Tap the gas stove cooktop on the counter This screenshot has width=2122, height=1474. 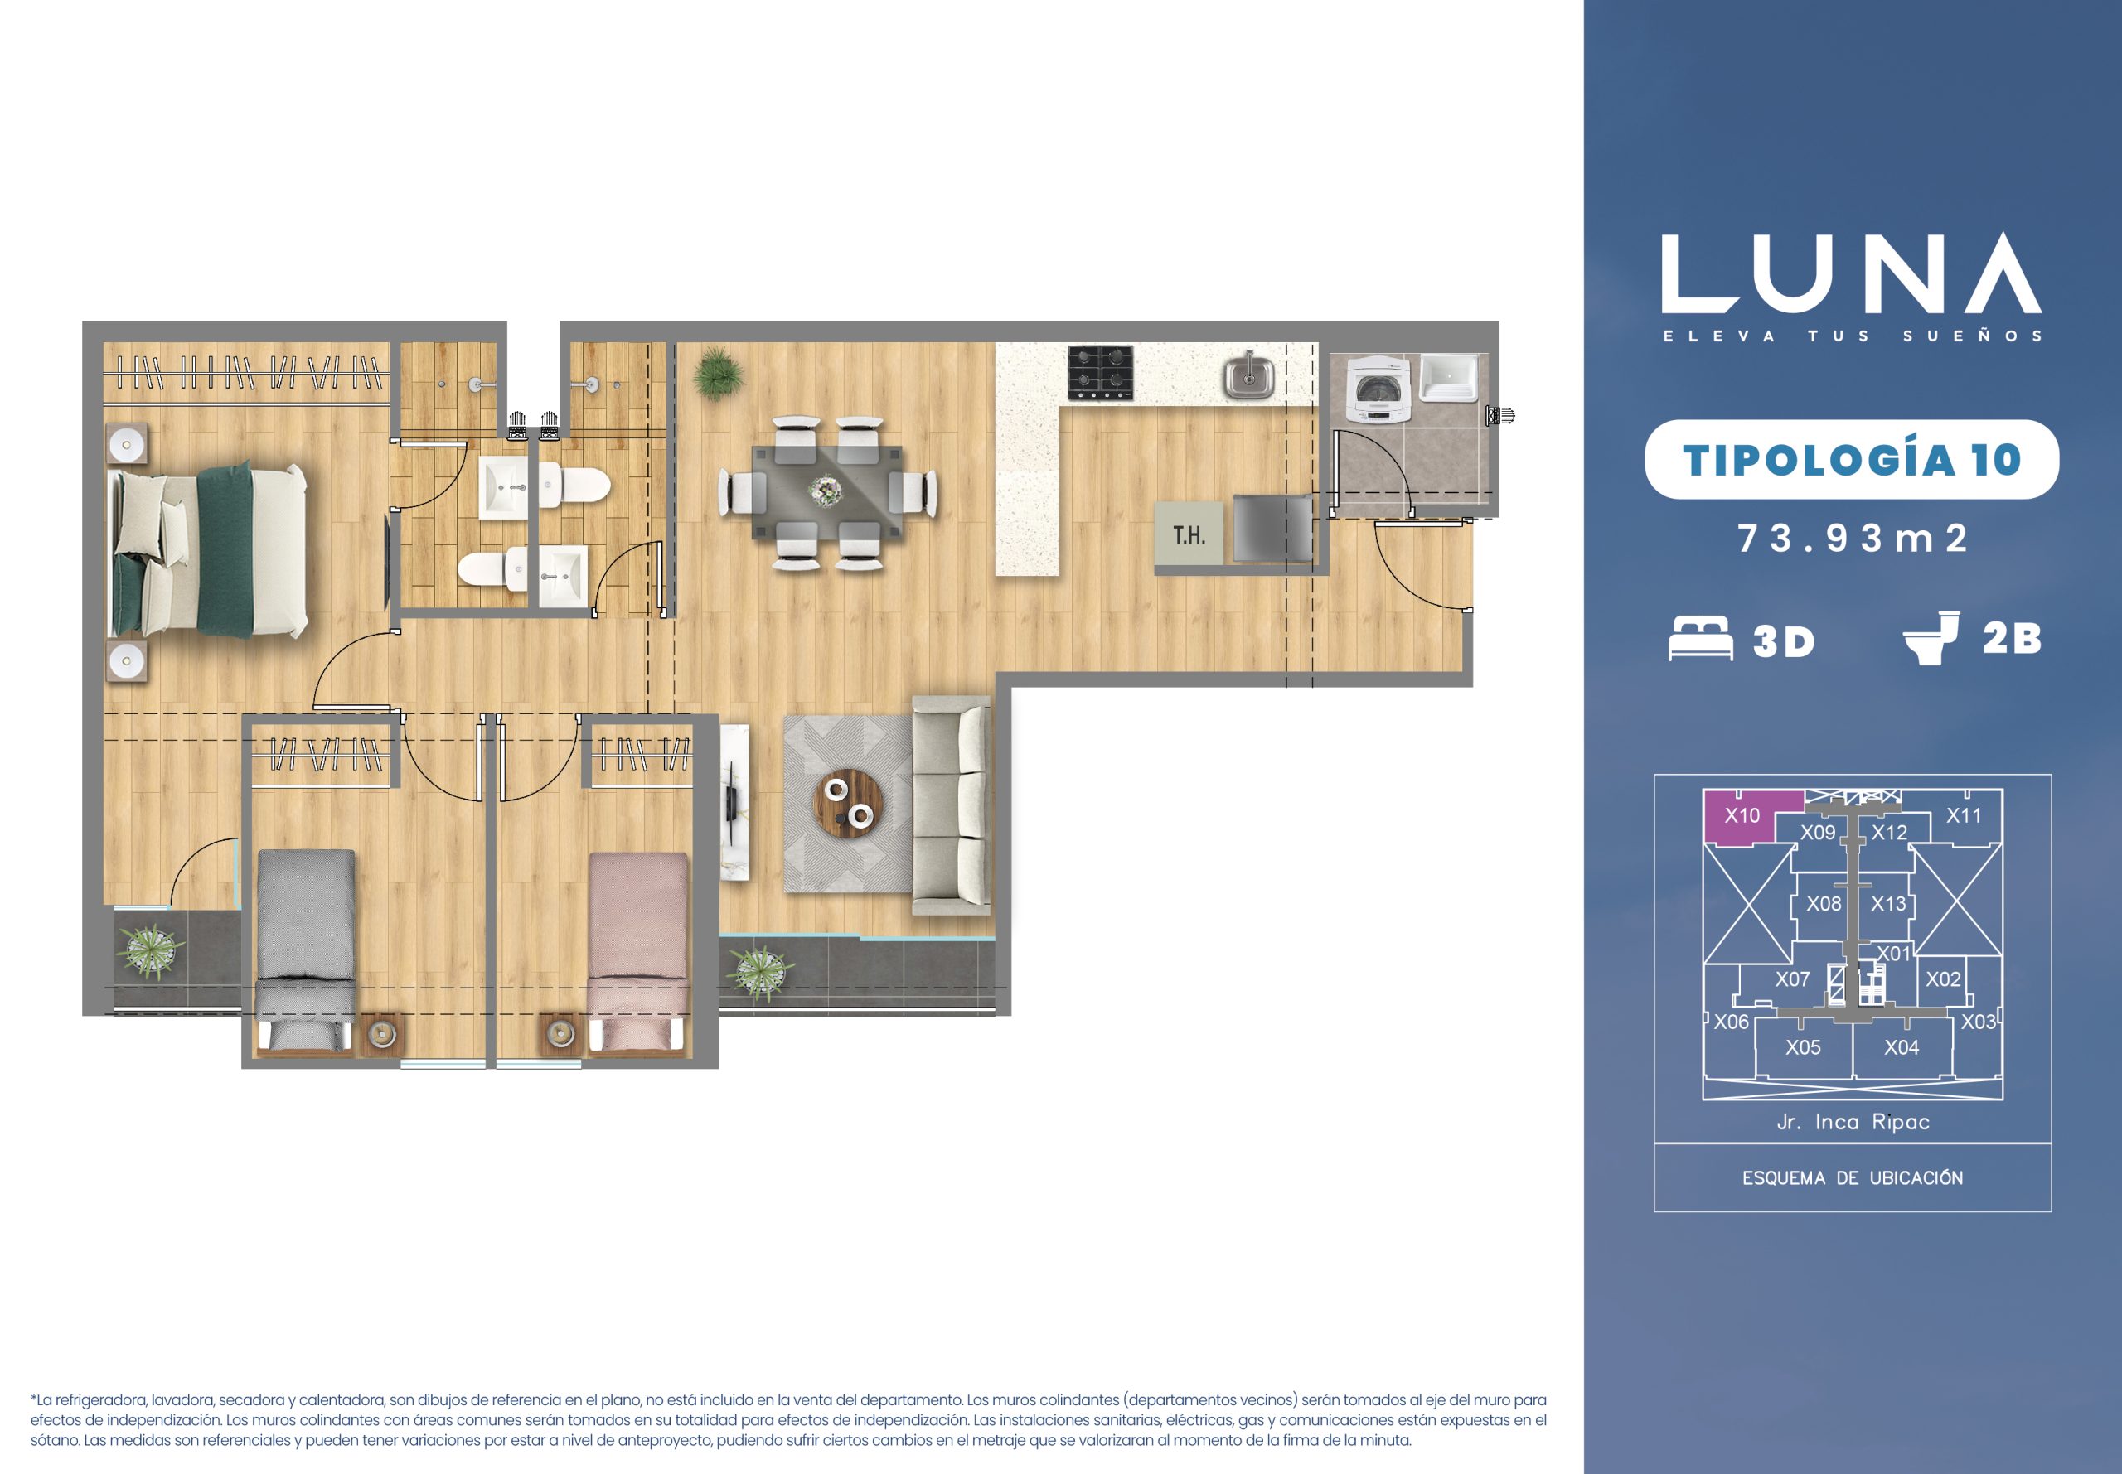[x=1100, y=373]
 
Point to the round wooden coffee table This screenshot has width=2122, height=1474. [x=850, y=804]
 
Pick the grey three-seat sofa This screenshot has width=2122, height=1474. [x=952, y=806]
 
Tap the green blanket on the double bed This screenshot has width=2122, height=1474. [x=224, y=551]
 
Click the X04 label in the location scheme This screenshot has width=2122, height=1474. [x=1902, y=1047]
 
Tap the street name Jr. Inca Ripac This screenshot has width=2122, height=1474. [x=1853, y=1122]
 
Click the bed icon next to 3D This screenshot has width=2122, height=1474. [x=1700, y=638]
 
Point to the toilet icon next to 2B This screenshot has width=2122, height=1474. [x=1931, y=637]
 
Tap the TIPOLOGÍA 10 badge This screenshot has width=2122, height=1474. [x=1851, y=460]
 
